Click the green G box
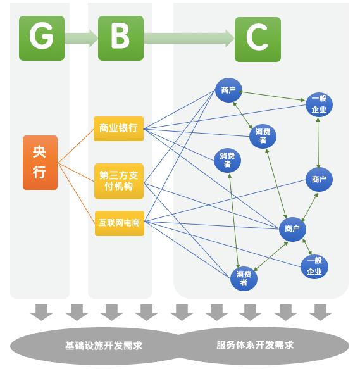tap(42, 38)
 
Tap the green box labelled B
tap(121, 38)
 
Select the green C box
tap(258, 39)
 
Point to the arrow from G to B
tap(82, 38)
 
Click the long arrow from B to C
tap(189, 38)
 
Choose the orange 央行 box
tap(40, 163)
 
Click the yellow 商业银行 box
tap(118, 128)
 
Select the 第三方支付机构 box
tap(119, 181)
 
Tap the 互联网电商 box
tap(120, 223)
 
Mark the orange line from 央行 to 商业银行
tap(76, 146)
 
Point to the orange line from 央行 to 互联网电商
tap(77, 193)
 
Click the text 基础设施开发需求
tap(104, 346)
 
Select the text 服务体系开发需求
tap(255, 345)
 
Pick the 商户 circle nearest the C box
tap(228, 90)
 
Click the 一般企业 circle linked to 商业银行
tap(319, 104)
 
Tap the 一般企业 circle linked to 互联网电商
tap(314, 266)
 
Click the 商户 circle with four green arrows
tap(292, 229)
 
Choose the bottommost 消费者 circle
tap(244, 278)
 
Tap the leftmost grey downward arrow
tap(41, 312)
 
